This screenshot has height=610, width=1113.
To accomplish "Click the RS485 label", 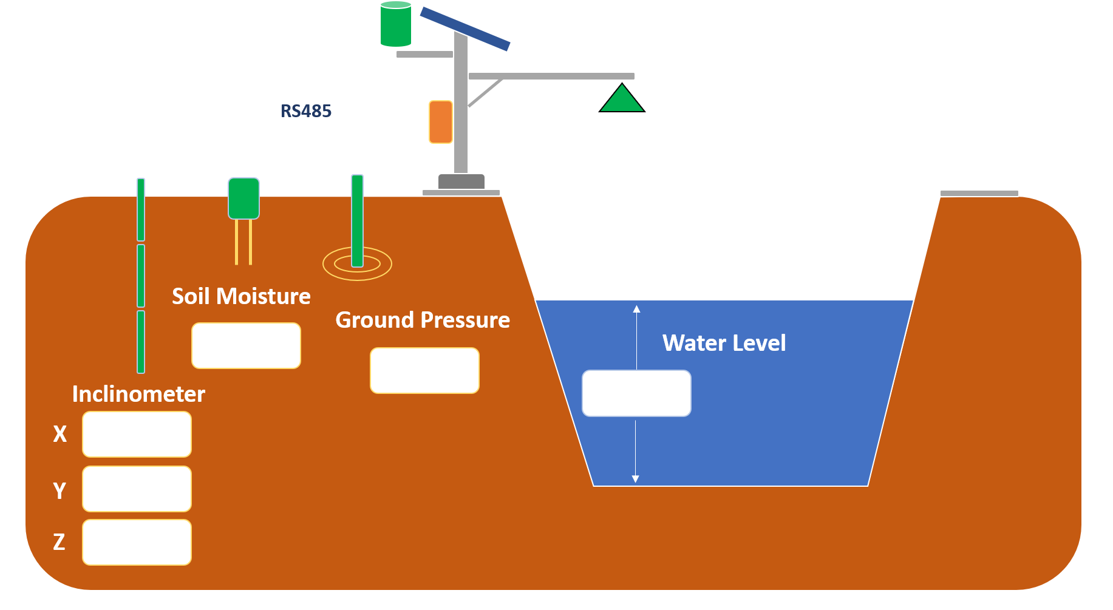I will click(x=306, y=111).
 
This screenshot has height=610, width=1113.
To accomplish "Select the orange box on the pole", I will click(x=441, y=122).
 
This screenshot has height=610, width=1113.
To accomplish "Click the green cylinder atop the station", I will click(x=396, y=25).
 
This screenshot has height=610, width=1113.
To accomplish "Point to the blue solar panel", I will click(x=465, y=29).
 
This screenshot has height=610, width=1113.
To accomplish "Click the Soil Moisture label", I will click(x=241, y=296).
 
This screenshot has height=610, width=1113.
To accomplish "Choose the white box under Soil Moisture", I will click(x=246, y=345).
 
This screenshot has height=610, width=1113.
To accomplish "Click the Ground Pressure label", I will click(x=423, y=320).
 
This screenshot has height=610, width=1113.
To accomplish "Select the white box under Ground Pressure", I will click(x=424, y=370).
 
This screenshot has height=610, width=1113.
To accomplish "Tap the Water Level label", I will click(x=724, y=343).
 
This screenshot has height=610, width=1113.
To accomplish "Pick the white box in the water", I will click(x=636, y=393).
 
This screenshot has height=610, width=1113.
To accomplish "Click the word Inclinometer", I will click(x=138, y=394).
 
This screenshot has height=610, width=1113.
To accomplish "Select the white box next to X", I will click(x=137, y=434).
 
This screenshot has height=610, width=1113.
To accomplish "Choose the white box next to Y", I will click(x=137, y=489).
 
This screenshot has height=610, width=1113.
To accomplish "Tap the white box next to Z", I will click(x=137, y=542).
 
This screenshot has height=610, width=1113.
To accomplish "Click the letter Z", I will click(x=59, y=541).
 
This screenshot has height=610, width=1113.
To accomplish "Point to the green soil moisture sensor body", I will click(x=243, y=198).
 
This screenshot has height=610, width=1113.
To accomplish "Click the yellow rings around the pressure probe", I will click(x=357, y=273).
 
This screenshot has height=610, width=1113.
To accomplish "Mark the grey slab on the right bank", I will click(x=979, y=193).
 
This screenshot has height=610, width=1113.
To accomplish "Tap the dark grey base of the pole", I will click(x=461, y=181).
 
